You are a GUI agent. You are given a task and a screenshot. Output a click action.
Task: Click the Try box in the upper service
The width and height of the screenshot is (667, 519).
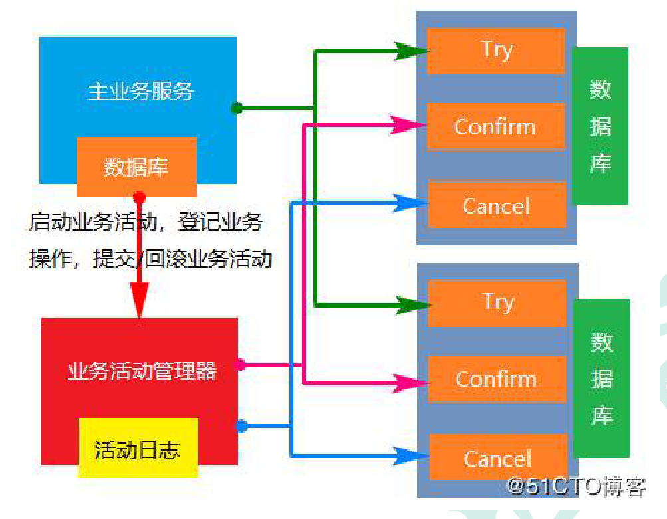495,50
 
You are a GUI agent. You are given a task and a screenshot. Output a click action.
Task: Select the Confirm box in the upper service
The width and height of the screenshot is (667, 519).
495,126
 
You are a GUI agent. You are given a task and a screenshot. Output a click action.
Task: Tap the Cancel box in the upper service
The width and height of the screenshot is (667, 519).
496,205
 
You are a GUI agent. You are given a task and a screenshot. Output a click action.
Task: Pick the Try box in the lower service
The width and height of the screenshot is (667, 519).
497,303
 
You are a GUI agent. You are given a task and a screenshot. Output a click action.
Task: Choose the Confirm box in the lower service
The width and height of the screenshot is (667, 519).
496,379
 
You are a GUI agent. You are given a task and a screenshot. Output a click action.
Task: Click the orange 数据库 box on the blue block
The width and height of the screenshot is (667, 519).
136,167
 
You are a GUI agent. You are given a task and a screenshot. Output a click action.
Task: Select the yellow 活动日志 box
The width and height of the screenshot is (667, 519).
138,449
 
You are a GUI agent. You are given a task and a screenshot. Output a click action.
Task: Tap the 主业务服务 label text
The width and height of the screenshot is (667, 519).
140,91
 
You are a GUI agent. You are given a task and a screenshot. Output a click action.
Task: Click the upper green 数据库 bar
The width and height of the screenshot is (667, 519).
600,126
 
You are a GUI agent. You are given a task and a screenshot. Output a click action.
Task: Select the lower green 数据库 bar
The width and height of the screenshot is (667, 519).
601,378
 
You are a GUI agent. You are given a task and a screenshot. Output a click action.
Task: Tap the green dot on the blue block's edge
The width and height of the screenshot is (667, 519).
237,108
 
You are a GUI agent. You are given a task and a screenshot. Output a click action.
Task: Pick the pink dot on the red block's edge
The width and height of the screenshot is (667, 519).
241,365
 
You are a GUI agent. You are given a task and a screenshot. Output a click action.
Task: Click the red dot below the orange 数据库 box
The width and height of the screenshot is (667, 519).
139,197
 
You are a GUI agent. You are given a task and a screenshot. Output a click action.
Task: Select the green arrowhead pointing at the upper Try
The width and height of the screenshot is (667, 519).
408,51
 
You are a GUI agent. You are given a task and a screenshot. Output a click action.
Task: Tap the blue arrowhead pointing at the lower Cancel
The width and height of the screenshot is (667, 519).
407,456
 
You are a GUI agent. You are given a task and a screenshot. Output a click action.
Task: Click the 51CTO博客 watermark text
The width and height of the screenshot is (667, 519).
576,486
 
